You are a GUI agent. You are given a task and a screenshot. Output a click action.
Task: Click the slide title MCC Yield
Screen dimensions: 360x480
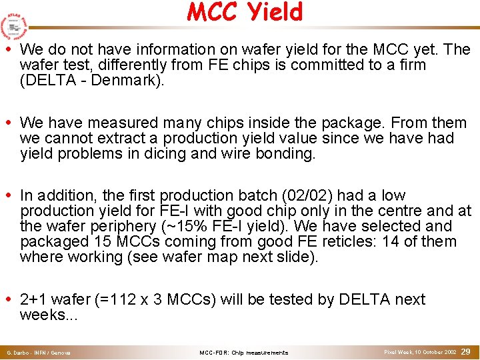coord(245,12)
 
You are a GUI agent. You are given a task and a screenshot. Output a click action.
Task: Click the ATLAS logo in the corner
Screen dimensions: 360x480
coord(13,26)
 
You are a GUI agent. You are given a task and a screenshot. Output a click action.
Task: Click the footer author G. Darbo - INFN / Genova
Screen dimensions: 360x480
coord(39,352)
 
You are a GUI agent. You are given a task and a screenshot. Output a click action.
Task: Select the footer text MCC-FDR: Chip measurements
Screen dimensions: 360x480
coord(244,352)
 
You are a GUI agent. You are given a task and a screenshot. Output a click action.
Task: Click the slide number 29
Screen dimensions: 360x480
coord(466,351)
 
